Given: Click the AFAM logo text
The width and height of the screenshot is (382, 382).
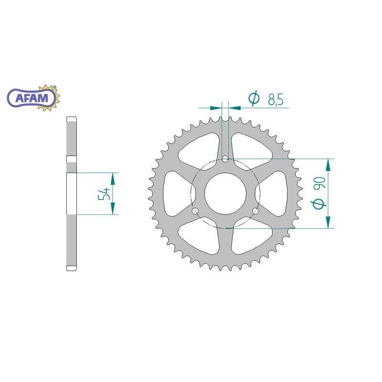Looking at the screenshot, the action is (x=32, y=98).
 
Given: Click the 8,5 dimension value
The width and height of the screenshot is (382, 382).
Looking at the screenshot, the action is (x=276, y=99).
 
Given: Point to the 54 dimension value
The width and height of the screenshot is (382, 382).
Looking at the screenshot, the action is (x=104, y=194).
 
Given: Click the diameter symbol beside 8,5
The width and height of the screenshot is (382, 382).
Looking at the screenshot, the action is (x=254, y=98).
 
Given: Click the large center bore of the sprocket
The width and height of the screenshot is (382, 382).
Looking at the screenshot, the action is (x=225, y=193).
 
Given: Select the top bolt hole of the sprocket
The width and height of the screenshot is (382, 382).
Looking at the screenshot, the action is (x=225, y=159).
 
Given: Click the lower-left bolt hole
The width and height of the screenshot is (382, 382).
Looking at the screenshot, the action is (x=195, y=211).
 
